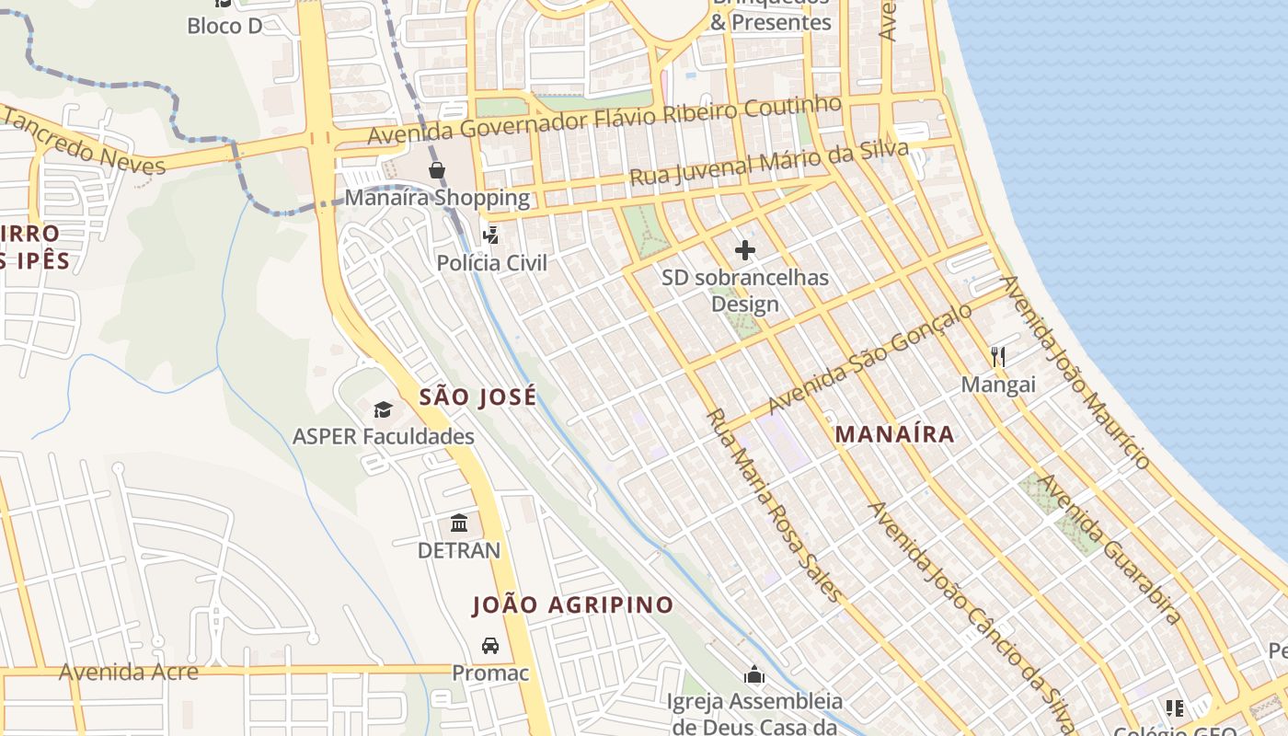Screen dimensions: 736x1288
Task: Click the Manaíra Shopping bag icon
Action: [x=437, y=170]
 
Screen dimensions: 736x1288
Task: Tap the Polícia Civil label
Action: [x=491, y=263]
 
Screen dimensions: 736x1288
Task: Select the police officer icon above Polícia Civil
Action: [x=491, y=236]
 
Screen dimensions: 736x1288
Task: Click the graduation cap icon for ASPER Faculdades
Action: [x=383, y=409]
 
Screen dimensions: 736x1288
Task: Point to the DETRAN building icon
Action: [x=459, y=523]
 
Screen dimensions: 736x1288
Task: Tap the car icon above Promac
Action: [x=490, y=646]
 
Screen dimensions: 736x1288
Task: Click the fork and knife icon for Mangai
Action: [x=997, y=357]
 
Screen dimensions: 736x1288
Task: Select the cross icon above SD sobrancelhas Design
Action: [x=745, y=250]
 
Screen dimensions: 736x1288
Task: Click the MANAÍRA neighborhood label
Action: [x=894, y=435]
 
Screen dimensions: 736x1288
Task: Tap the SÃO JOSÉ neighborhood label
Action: [x=477, y=397]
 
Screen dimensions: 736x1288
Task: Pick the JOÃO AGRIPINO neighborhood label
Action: [x=573, y=605]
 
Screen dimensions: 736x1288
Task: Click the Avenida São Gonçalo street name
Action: [x=869, y=359]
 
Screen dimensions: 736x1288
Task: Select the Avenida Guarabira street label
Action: [x=1110, y=549]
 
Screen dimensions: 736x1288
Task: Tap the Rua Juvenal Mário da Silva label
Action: [x=769, y=164]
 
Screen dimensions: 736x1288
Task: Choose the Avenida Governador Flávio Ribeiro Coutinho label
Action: [x=604, y=120]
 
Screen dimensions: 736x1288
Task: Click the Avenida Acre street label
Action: [x=129, y=672]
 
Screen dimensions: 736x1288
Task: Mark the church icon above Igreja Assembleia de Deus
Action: [x=754, y=675]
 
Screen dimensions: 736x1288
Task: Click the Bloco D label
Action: [x=224, y=26]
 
